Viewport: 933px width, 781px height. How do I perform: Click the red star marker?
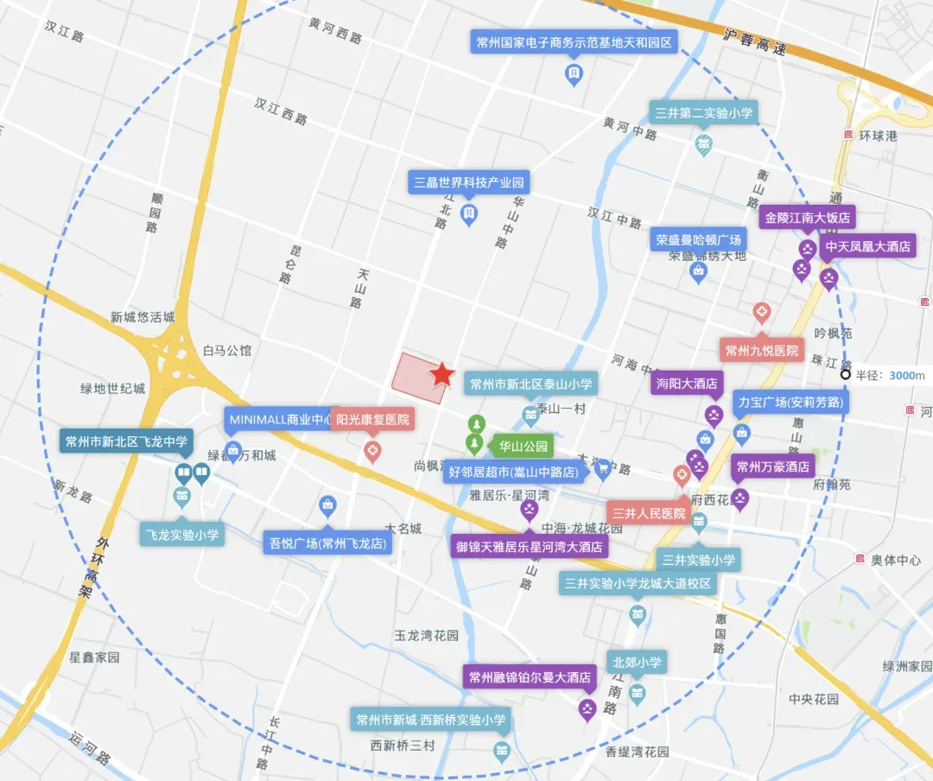pyautogui.click(x=442, y=374)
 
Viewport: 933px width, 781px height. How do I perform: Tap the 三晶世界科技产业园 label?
pyautogui.click(x=469, y=182)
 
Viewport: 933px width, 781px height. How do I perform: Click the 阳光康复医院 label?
pyautogui.click(x=372, y=420)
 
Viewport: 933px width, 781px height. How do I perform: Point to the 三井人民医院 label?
pyautogui.click(x=649, y=513)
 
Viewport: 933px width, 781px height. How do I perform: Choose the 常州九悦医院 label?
pyautogui.click(x=762, y=351)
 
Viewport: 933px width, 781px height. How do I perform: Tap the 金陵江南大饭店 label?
pyautogui.click(x=807, y=218)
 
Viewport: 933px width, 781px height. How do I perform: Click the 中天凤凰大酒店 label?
pyautogui.click(x=867, y=246)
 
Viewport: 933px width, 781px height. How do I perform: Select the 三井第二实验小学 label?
pyautogui.click(x=704, y=112)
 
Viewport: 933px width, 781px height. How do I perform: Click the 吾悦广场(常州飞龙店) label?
pyautogui.click(x=327, y=543)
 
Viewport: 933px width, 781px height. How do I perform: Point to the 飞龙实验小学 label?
pyautogui.click(x=181, y=535)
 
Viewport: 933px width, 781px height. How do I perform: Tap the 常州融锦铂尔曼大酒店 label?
pyautogui.click(x=530, y=677)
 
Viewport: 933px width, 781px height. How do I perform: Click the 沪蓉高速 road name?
pyautogui.click(x=755, y=43)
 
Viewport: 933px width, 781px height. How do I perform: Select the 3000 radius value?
pyautogui.click(x=902, y=375)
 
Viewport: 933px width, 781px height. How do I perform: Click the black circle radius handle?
pyautogui.click(x=846, y=374)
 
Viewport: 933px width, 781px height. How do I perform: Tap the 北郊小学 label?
pyautogui.click(x=637, y=663)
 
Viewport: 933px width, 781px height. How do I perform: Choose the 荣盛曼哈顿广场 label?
pyautogui.click(x=698, y=240)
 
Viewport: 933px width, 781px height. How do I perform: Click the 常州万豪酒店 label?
pyautogui.click(x=773, y=467)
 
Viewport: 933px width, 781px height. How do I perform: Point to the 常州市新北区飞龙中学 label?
pyautogui.click(x=126, y=441)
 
